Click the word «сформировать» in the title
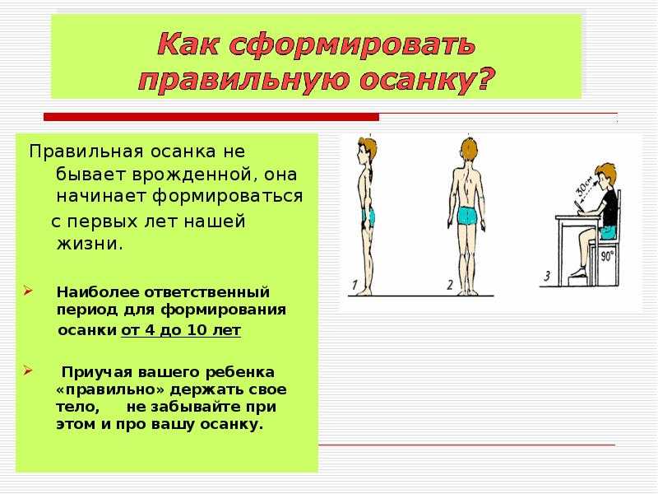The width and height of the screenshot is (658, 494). click(354, 44)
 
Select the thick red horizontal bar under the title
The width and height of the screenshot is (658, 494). click(211, 117)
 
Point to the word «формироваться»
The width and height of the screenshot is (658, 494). click(227, 197)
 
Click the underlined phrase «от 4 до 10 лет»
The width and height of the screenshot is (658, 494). click(181, 330)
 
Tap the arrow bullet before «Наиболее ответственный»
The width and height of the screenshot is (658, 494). click(28, 291)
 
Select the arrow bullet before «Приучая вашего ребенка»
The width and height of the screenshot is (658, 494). click(28, 370)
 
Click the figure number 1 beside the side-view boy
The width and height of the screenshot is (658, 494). click(354, 285)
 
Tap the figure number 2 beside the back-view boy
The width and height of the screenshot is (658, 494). click(450, 285)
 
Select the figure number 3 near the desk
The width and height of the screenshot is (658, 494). click(547, 276)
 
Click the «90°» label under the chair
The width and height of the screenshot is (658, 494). click(607, 255)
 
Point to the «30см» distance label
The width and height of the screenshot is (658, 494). click(585, 186)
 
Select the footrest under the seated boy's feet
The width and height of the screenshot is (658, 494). click(580, 280)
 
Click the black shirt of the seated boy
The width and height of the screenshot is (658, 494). click(609, 209)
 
